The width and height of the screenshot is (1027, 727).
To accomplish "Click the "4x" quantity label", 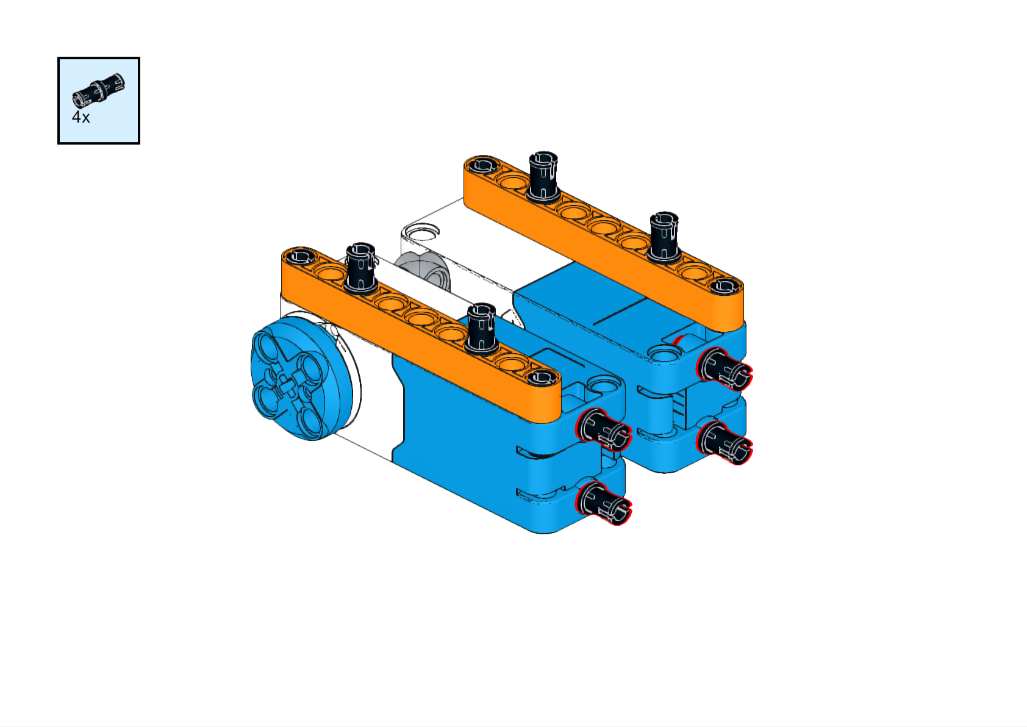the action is [81, 117].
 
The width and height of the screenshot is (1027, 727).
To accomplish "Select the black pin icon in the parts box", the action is [99, 90].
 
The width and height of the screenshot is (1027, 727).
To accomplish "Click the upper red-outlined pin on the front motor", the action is [603, 430].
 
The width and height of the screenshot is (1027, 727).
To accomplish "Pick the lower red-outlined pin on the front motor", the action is [603, 503].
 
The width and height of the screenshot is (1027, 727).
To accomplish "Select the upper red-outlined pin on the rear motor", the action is [724, 369].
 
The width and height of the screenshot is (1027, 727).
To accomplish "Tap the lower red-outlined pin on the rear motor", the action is [724, 442].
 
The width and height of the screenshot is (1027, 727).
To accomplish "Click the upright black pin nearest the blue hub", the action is [361, 268].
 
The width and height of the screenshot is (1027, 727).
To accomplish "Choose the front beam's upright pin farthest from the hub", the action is [481, 329].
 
